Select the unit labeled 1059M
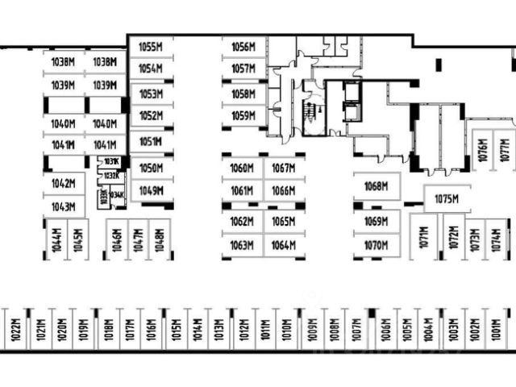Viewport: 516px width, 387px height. click(x=243, y=116)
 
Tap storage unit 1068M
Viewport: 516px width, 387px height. click(x=376, y=186)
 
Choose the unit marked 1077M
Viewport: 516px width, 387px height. click(x=505, y=151)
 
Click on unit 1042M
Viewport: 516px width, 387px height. click(x=63, y=183)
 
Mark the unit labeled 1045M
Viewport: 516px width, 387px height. click(x=77, y=240)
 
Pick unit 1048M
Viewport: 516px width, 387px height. click(x=160, y=240)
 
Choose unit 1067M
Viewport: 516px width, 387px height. click(x=283, y=169)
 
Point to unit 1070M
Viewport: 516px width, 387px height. click(x=376, y=245)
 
